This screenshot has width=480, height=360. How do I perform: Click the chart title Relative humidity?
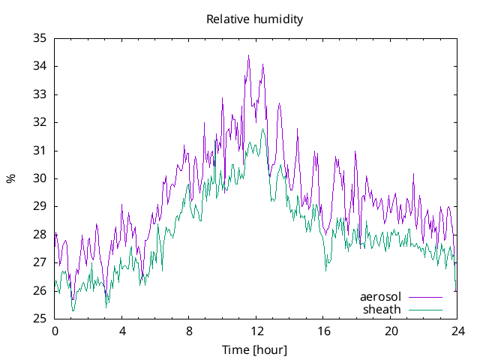(254, 19)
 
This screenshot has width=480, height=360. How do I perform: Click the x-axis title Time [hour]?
(254, 349)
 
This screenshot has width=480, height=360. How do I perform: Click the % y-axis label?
(10, 178)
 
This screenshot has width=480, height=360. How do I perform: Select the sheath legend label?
(382, 309)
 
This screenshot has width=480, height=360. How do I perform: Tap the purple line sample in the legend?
(425, 297)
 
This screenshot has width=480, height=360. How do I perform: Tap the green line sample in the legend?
(425, 309)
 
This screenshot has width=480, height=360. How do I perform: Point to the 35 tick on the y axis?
(40, 38)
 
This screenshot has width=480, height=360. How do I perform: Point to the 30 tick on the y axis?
(40, 178)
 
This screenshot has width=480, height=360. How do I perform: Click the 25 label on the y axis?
(40, 319)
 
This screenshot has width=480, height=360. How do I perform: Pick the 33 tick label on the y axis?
(40, 94)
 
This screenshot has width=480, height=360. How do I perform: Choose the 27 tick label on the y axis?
(40, 262)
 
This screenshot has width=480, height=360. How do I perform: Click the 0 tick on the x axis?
(55, 331)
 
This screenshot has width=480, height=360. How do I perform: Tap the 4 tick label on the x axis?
(122, 331)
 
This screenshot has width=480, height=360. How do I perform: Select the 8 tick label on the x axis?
(189, 331)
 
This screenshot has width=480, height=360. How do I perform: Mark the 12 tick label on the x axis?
(256, 331)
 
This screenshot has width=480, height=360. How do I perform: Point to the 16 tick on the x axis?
(323, 331)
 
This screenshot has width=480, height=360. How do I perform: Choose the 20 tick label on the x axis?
(391, 331)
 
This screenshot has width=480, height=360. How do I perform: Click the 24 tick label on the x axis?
(457, 331)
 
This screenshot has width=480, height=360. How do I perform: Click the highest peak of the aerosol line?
(248, 55)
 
